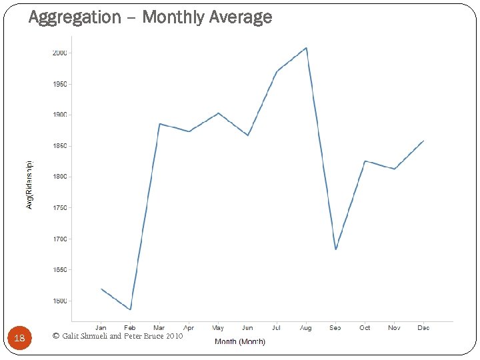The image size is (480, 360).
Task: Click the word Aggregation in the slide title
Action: (75, 17)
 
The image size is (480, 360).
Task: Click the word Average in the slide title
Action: (240, 17)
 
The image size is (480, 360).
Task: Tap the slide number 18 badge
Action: (19, 338)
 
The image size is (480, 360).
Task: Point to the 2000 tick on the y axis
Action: (59, 53)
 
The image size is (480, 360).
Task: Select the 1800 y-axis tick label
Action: (59, 177)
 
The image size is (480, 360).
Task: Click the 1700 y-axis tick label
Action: (59, 239)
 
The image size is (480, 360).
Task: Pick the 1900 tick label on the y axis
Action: (59, 115)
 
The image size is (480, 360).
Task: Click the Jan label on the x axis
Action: (101, 328)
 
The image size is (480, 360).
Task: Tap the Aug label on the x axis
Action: (305, 328)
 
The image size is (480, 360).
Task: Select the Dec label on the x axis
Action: (423, 328)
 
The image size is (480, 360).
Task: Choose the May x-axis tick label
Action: (218, 328)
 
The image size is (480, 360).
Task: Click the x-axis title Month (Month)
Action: (240, 341)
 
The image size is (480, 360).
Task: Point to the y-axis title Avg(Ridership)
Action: (29, 185)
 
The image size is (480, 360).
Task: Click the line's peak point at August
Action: (306, 48)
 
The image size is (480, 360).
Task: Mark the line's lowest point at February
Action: (131, 309)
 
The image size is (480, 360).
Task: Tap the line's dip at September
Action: (335, 249)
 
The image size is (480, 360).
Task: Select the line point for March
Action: (159, 124)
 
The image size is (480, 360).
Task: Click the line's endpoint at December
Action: (423, 141)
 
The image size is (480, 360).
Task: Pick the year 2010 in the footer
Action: (174, 336)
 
